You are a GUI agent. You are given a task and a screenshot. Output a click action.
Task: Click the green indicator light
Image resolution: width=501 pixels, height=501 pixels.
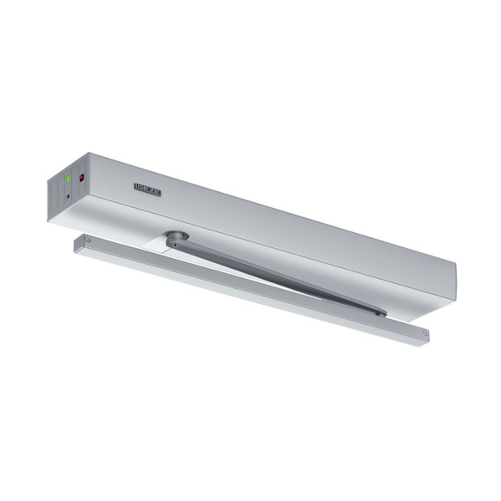click(68, 178)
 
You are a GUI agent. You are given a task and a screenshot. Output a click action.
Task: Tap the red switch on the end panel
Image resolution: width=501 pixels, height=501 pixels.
click(81, 177)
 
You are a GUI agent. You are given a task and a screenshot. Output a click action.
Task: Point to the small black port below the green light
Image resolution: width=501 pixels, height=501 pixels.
click(68, 197)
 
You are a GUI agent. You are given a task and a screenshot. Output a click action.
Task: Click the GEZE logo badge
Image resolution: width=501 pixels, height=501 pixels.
click(147, 190)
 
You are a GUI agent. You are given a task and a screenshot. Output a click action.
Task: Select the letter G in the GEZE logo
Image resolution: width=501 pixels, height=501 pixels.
click(139, 187)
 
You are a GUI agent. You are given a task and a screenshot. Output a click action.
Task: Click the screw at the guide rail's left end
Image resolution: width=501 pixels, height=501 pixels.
click(88, 241)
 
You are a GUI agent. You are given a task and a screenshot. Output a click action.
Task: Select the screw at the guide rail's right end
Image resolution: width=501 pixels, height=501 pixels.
click(425, 332)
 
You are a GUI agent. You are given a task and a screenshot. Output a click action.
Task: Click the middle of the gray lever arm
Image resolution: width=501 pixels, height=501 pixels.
click(276, 274)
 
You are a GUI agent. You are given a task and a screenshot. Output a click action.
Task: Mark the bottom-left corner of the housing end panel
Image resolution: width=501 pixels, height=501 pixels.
click(49, 220)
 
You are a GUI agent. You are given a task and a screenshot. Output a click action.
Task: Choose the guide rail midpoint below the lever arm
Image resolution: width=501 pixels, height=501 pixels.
click(250, 289)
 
